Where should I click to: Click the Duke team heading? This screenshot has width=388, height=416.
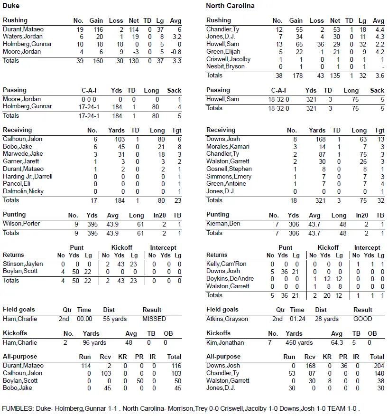click(11, 6)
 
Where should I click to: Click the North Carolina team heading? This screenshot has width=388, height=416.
click(230, 6)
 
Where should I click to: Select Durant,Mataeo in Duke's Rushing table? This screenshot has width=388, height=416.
click(23, 29)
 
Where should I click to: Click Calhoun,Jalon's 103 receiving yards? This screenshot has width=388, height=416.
click(120, 139)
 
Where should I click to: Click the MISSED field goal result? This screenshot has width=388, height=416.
click(154, 319)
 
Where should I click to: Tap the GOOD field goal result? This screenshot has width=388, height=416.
click(362, 319)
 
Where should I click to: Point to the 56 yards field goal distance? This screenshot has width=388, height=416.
click(115, 319)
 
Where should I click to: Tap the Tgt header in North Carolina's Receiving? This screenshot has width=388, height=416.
click(379, 130)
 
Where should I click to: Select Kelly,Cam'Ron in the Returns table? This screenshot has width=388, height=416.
click(227, 264)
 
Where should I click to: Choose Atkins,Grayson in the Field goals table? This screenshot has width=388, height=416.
click(227, 319)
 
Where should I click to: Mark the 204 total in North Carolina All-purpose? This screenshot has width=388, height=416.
click(378, 365)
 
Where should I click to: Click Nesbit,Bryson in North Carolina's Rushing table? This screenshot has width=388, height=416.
click(225, 66)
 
